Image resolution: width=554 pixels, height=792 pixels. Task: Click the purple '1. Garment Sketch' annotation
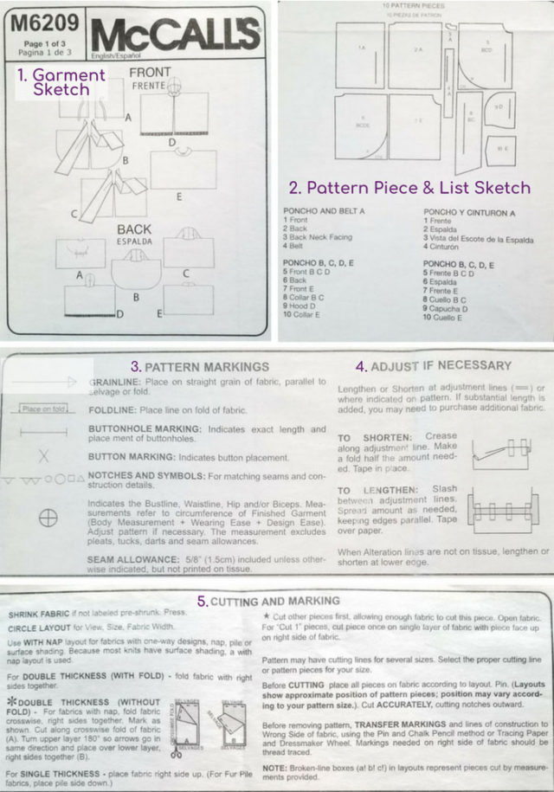[x=61, y=81]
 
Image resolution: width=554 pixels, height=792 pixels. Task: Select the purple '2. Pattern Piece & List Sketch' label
[x=408, y=187]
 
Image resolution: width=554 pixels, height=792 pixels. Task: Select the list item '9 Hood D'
[x=303, y=307]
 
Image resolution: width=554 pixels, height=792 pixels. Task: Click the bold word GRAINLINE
[x=118, y=381]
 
